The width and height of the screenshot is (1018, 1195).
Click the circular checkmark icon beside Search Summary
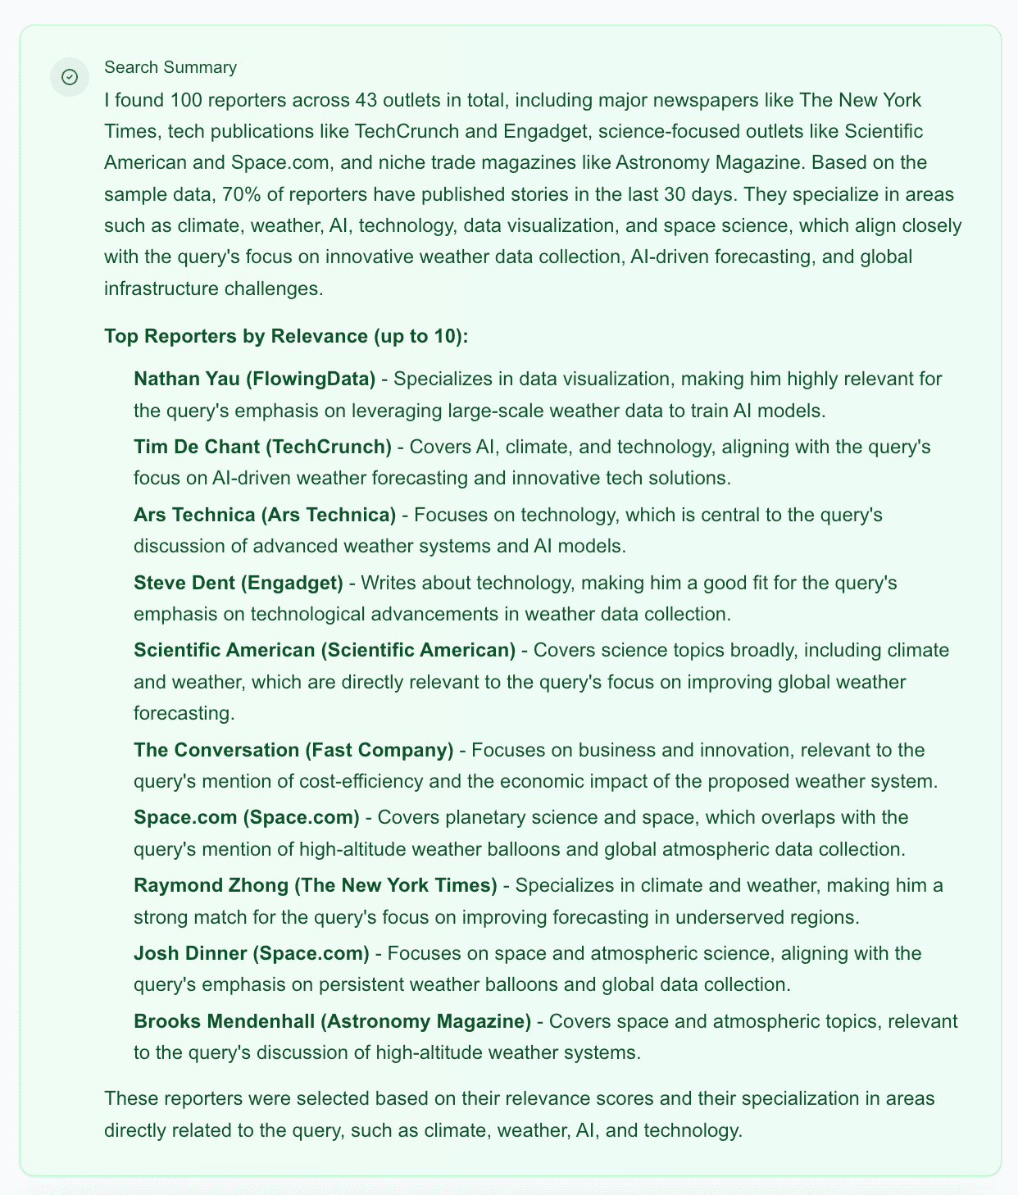point(70,77)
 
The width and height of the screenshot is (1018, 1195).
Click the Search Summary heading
point(170,67)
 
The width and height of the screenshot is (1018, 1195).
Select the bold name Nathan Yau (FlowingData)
point(254,379)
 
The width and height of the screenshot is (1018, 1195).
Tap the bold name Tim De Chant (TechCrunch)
point(262,447)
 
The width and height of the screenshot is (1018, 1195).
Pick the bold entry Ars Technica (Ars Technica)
point(264,515)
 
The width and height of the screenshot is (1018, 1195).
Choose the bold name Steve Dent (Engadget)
point(238,583)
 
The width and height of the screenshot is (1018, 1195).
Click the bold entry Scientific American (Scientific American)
point(325,650)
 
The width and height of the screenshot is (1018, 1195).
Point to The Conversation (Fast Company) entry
point(293,750)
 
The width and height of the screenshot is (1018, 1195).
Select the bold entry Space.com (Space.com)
point(247,817)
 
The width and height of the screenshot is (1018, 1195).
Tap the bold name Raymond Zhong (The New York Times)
point(316,885)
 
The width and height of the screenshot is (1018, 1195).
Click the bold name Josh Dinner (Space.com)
point(252,953)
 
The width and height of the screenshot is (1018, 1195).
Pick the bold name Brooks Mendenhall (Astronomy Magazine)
point(332,1021)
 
